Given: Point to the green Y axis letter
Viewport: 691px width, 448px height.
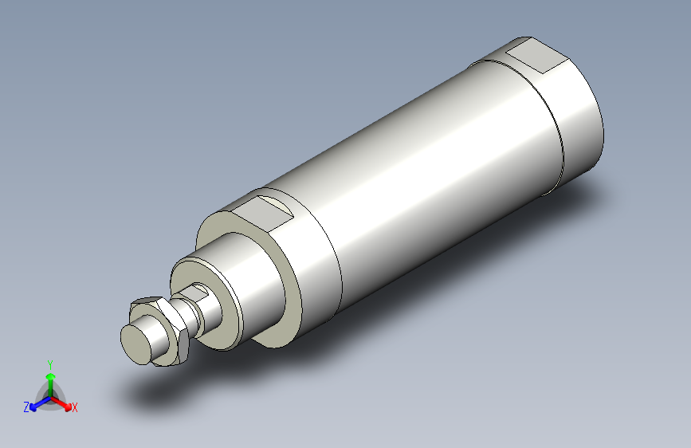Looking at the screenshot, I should pyautogui.click(x=50, y=364).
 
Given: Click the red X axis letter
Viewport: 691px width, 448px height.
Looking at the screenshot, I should pyautogui.click(x=75, y=408).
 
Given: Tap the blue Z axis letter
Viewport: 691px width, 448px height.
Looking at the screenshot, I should pyautogui.click(x=26, y=407).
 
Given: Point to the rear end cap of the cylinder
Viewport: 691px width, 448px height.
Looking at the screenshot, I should pyautogui.click(x=570, y=120).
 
